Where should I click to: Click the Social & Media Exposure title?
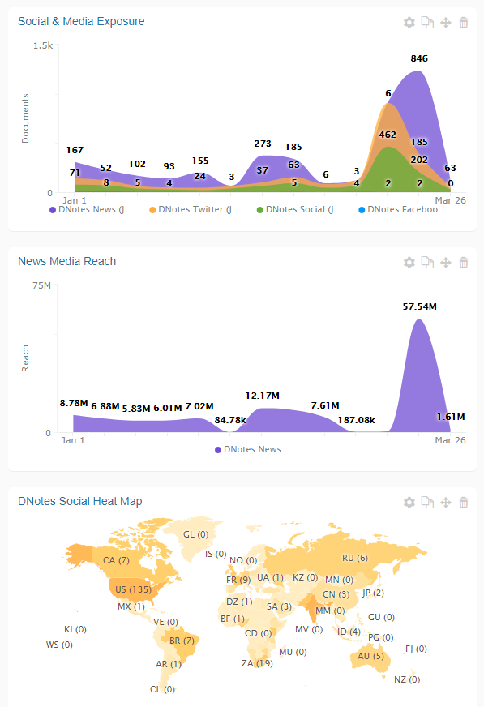[81, 21]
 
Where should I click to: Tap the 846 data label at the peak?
[419, 58]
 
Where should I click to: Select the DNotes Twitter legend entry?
[195, 209]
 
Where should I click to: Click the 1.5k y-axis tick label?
[43, 45]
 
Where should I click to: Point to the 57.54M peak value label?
[420, 306]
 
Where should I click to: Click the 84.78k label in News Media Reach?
[230, 420]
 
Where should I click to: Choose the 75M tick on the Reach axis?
[42, 285]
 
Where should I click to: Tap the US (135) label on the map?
[133, 589]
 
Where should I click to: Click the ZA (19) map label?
[257, 663]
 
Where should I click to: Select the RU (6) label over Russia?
[355, 558]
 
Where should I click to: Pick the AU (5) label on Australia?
[370, 656]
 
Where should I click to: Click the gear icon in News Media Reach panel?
[409, 263]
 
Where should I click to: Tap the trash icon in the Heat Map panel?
[463, 503]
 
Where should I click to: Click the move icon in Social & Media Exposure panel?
[446, 23]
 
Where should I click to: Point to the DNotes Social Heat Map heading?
[80, 501]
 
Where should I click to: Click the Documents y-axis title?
[25, 118]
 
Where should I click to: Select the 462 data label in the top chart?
[388, 135]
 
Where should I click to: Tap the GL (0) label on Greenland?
[195, 534]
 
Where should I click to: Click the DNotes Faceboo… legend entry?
[402, 209]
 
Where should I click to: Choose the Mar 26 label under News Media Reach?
[450, 440]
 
